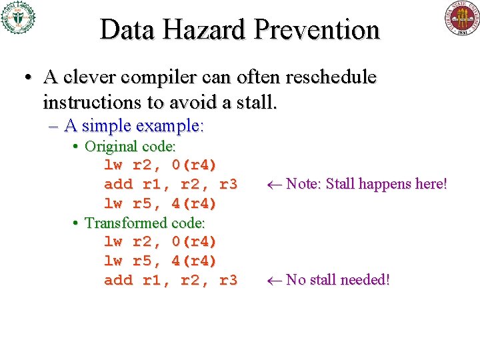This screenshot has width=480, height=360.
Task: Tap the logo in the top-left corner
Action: coord(18,17)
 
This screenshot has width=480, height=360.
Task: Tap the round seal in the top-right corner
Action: coord(462,18)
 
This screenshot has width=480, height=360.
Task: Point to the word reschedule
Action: coord(331,77)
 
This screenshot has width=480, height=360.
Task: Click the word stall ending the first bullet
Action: coord(256,103)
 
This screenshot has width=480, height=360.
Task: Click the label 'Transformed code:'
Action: coord(145,223)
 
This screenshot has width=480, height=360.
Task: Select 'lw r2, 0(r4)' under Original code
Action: coord(160,165)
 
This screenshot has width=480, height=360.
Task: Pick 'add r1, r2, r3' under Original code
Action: coord(170,184)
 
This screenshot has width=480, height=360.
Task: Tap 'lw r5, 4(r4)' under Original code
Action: coord(160,203)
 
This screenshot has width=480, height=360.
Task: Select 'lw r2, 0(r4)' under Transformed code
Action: coord(160,241)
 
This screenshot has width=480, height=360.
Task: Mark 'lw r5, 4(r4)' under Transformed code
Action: coord(160,261)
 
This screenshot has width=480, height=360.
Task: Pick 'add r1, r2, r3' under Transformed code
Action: coord(170,280)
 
